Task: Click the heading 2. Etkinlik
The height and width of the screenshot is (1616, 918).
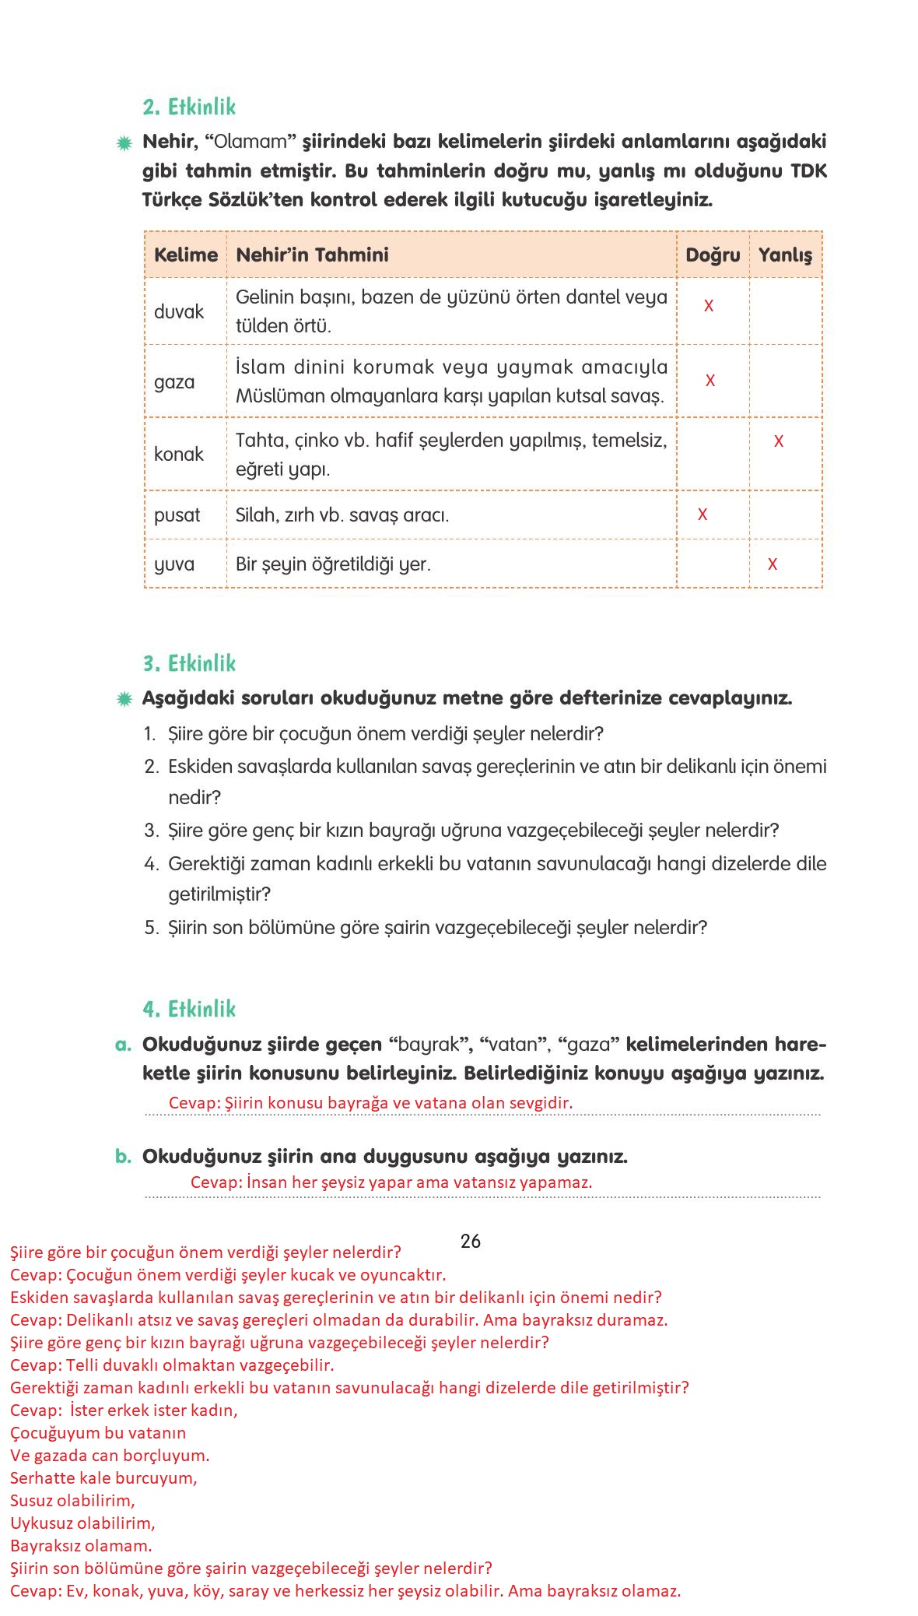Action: [x=189, y=107]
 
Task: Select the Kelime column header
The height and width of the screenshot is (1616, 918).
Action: [x=185, y=255]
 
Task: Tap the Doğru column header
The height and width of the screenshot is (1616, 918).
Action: [x=712, y=255]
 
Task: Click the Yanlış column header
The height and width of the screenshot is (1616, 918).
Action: [x=785, y=255]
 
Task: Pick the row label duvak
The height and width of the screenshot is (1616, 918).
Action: [x=179, y=311]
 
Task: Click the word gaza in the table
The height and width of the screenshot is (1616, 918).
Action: [x=174, y=381]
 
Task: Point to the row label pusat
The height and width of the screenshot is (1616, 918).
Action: [x=177, y=515]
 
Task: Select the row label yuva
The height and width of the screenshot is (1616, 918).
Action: [x=174, y=564]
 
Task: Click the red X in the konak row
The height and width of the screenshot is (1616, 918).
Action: [x=778, y=441]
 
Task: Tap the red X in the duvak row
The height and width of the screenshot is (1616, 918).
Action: [x=708, y=306]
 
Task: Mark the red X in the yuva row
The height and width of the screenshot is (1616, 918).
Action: [x=772, y=564]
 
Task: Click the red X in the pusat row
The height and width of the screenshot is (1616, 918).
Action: [x=702, y=515]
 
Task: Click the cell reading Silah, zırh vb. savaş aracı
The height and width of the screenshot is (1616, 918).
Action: [x=342, y=515]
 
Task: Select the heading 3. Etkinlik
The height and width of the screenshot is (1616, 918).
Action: [x=189, y=663]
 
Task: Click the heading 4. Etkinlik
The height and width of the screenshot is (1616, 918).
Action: [x=189, y=1009]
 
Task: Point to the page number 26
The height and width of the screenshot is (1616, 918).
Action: [x=470, y=1241]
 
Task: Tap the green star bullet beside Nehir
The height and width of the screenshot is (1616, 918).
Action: [x=124, y=143]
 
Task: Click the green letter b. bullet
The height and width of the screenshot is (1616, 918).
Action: [x=123, y=1156]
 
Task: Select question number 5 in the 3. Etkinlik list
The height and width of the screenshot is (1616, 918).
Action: [x=151, y=927]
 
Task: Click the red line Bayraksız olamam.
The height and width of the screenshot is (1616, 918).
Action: [x=81, y=1545]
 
